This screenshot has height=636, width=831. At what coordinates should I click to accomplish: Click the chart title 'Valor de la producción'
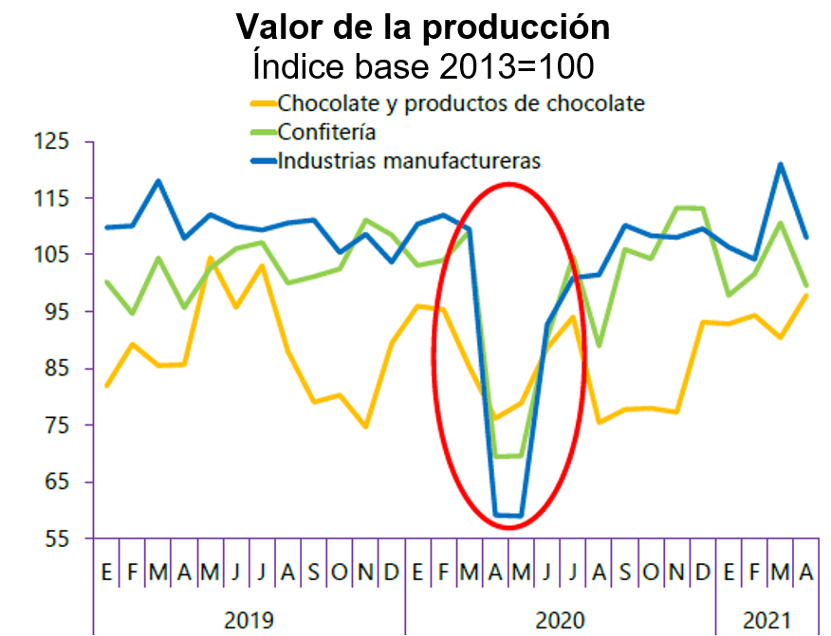pyautogui.click(x=422, y=27)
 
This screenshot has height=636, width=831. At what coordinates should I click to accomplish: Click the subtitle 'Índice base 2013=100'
pyautogui.click(x=422, y=66)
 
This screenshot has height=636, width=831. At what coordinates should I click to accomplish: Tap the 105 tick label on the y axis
pyautogui.click(x=52, y=255)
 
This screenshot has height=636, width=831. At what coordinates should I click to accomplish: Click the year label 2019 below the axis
pyautogui.click(x=249, y=621)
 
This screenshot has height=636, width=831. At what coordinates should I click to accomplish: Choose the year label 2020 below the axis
pyautogui.click(x=561, y=621)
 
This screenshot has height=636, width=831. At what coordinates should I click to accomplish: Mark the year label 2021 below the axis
pyautogui.click(x=766, y=621)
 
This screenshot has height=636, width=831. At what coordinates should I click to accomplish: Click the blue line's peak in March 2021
pyautogui.click(x=781, y=164)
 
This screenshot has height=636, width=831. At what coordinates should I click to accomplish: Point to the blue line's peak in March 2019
pyautogui.click(x=158, y=181)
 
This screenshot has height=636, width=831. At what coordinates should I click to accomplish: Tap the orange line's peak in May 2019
pyautogui.click(x=210, y=258)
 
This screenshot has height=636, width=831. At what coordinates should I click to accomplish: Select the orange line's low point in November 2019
pyautogui.click(x=365, y=427)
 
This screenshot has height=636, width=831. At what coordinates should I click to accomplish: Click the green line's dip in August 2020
pyautogui.click(x=599, y=346)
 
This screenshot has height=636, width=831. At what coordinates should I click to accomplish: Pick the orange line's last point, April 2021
pyautogui.click(x=806, y=295)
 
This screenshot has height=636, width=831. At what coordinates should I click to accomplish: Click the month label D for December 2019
pyautogui.click(x=391, y=572)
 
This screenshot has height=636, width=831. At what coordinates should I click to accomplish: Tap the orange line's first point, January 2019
pyautogui.click(x=106, y=386)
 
